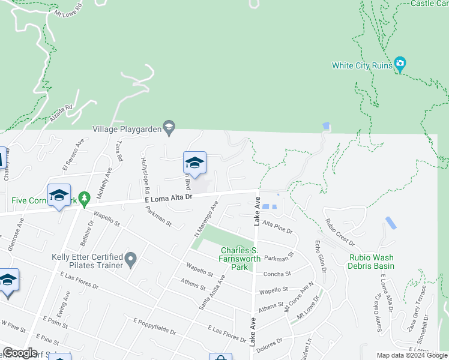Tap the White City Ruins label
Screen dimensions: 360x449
[x=362, y=65]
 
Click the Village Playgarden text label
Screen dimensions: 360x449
[x=128, y=128]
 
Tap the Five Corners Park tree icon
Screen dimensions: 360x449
[x=85, y=197]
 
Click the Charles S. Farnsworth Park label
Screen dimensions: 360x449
[x=240, y=259]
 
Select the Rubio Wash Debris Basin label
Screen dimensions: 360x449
[x=372, y=262]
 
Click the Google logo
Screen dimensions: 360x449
[x=19, y=353]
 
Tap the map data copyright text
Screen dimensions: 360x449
[x=412, y=355]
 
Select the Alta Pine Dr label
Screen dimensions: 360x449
[x=277, y=227]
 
